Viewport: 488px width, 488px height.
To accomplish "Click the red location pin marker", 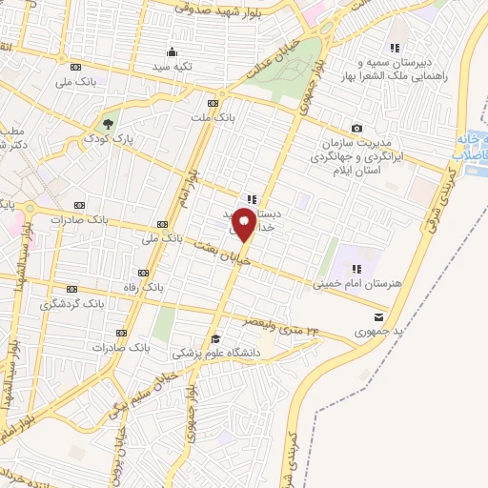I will (243, 226).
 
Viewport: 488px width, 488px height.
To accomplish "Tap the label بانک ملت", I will (211, 117).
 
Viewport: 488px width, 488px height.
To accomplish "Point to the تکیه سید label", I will (173, 67).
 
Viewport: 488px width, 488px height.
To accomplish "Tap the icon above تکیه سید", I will (172, 51).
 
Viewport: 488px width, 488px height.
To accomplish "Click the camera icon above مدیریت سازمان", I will (356, 128).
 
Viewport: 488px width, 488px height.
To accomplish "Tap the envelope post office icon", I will (379, 316).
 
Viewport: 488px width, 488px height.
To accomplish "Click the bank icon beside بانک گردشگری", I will (72, 287).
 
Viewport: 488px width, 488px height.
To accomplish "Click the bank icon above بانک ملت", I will (212, 102).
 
